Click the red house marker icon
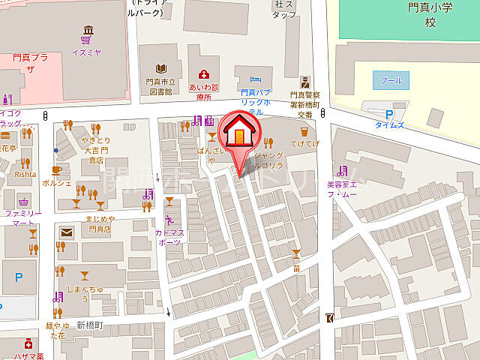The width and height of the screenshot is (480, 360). pos(238,133)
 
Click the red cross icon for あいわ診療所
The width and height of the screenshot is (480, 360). pos(202,73)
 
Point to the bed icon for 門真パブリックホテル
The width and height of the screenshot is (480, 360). pos(254,77)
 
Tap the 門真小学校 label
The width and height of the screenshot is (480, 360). pos(430,14)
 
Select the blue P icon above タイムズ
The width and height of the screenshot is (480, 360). pos(388,114)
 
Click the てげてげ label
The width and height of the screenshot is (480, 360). pos(305,142)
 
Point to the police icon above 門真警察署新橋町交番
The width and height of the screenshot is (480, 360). pos(304,82)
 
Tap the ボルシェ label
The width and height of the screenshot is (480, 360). pos(57,182)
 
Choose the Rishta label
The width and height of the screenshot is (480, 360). pos(25,173)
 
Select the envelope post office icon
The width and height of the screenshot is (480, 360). pos(67,233)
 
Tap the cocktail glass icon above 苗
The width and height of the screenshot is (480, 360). pos(297,253)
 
